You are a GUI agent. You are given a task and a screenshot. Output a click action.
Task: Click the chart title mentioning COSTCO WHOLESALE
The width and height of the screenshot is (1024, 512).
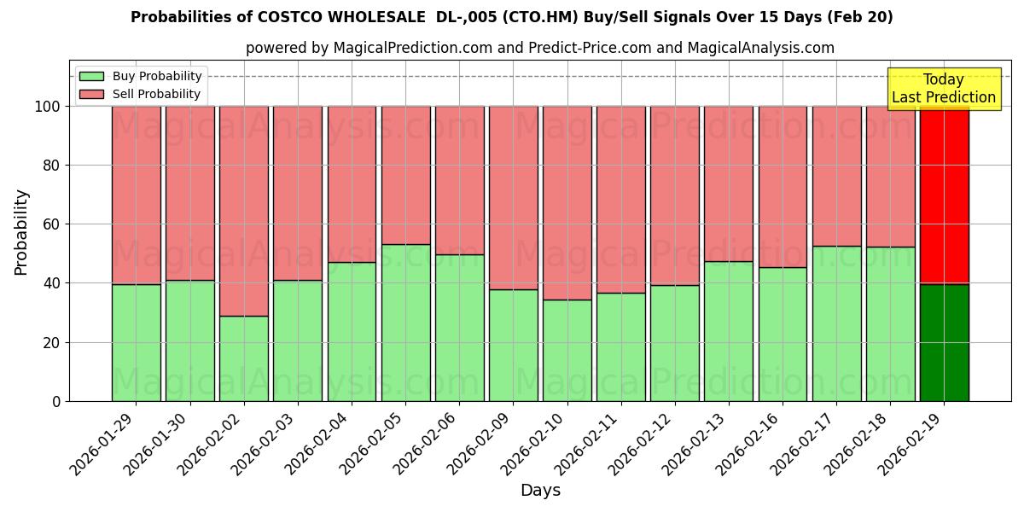point(511,17)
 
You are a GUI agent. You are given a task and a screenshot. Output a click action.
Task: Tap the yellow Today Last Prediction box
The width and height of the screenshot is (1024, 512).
point(943,89)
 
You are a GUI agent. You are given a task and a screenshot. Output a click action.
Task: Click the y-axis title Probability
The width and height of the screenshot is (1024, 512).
point(21,232)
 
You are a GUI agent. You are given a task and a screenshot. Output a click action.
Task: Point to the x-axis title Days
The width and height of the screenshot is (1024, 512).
point(540,490)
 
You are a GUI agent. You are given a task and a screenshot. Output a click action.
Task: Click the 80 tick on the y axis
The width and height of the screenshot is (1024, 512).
point(52,166)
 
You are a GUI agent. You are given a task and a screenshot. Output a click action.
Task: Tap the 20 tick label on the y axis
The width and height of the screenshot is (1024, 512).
point(52,342)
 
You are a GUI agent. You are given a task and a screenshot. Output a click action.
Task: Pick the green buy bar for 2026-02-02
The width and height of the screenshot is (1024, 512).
point(243,358)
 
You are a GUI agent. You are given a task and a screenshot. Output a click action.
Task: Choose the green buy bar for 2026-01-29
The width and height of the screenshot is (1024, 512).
point(136,342)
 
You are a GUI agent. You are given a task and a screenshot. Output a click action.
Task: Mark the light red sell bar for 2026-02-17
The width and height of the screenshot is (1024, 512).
point(836,176)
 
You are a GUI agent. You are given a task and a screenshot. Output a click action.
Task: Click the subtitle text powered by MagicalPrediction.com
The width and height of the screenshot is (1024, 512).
point(539,48)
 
